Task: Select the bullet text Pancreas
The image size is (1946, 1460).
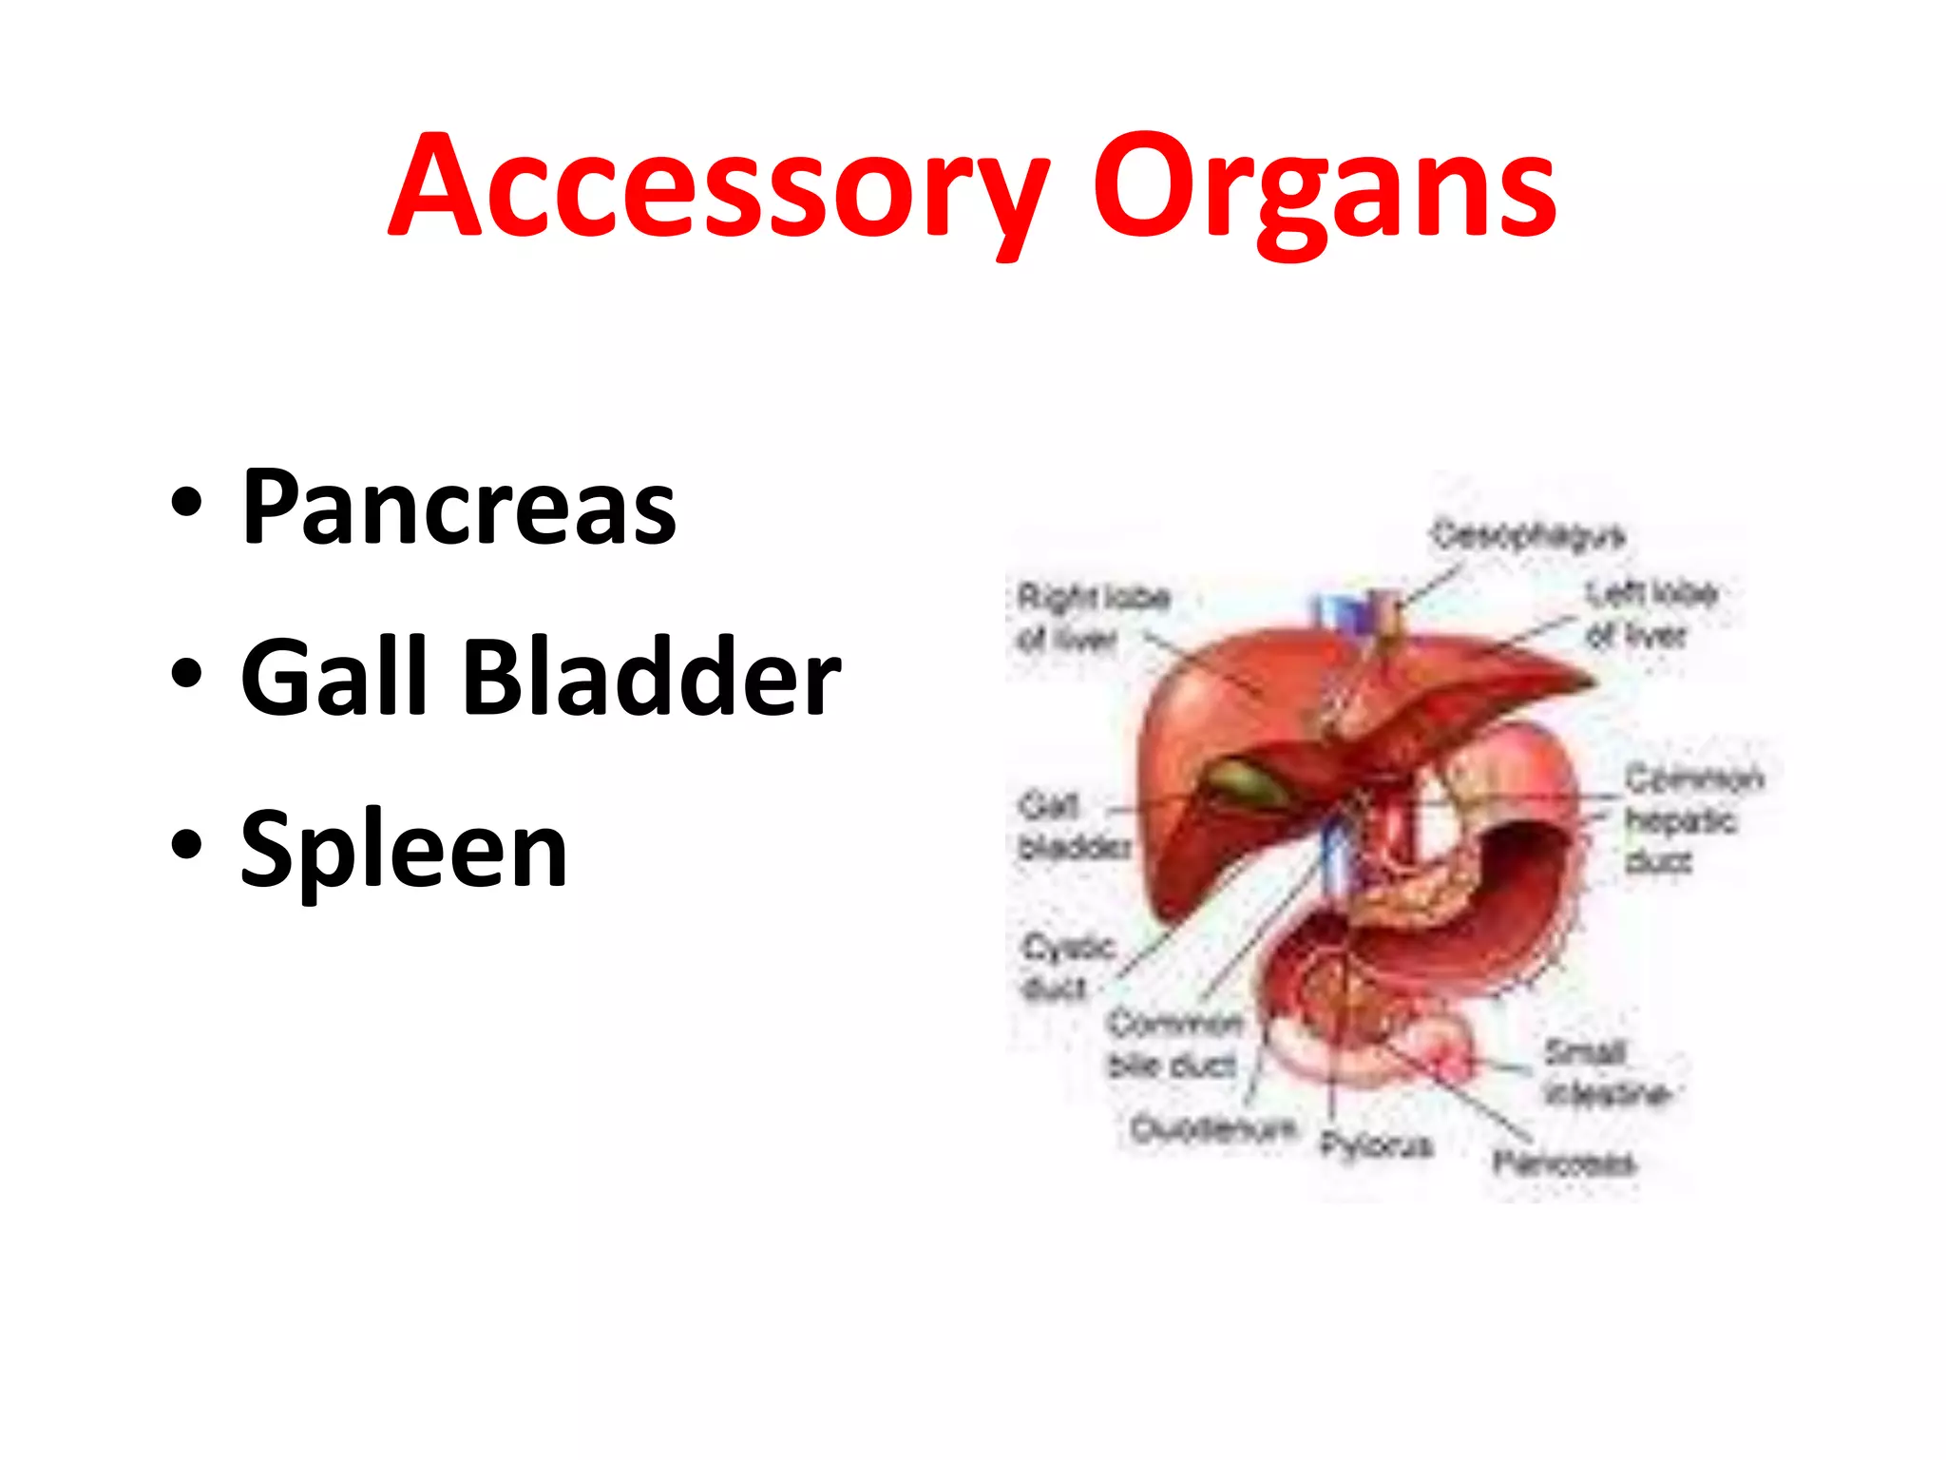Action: (x=459, y=508)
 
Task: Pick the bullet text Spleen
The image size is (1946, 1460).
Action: (x=404, y=848)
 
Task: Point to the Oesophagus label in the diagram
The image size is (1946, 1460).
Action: (x=1528, y=535)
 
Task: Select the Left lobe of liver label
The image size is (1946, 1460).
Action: (x=1651, y=614)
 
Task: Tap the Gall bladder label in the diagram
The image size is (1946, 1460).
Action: (x=1072, y=826)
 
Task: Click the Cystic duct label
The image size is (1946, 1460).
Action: (x=1066, y=966)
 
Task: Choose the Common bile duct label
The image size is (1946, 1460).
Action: (x=1174, y=1045)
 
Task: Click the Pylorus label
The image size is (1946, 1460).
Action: (x=1375, y=1145)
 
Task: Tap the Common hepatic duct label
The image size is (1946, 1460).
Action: (x=1691, y=818)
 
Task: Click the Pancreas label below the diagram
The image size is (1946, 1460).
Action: (x=1563, y=1162)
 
